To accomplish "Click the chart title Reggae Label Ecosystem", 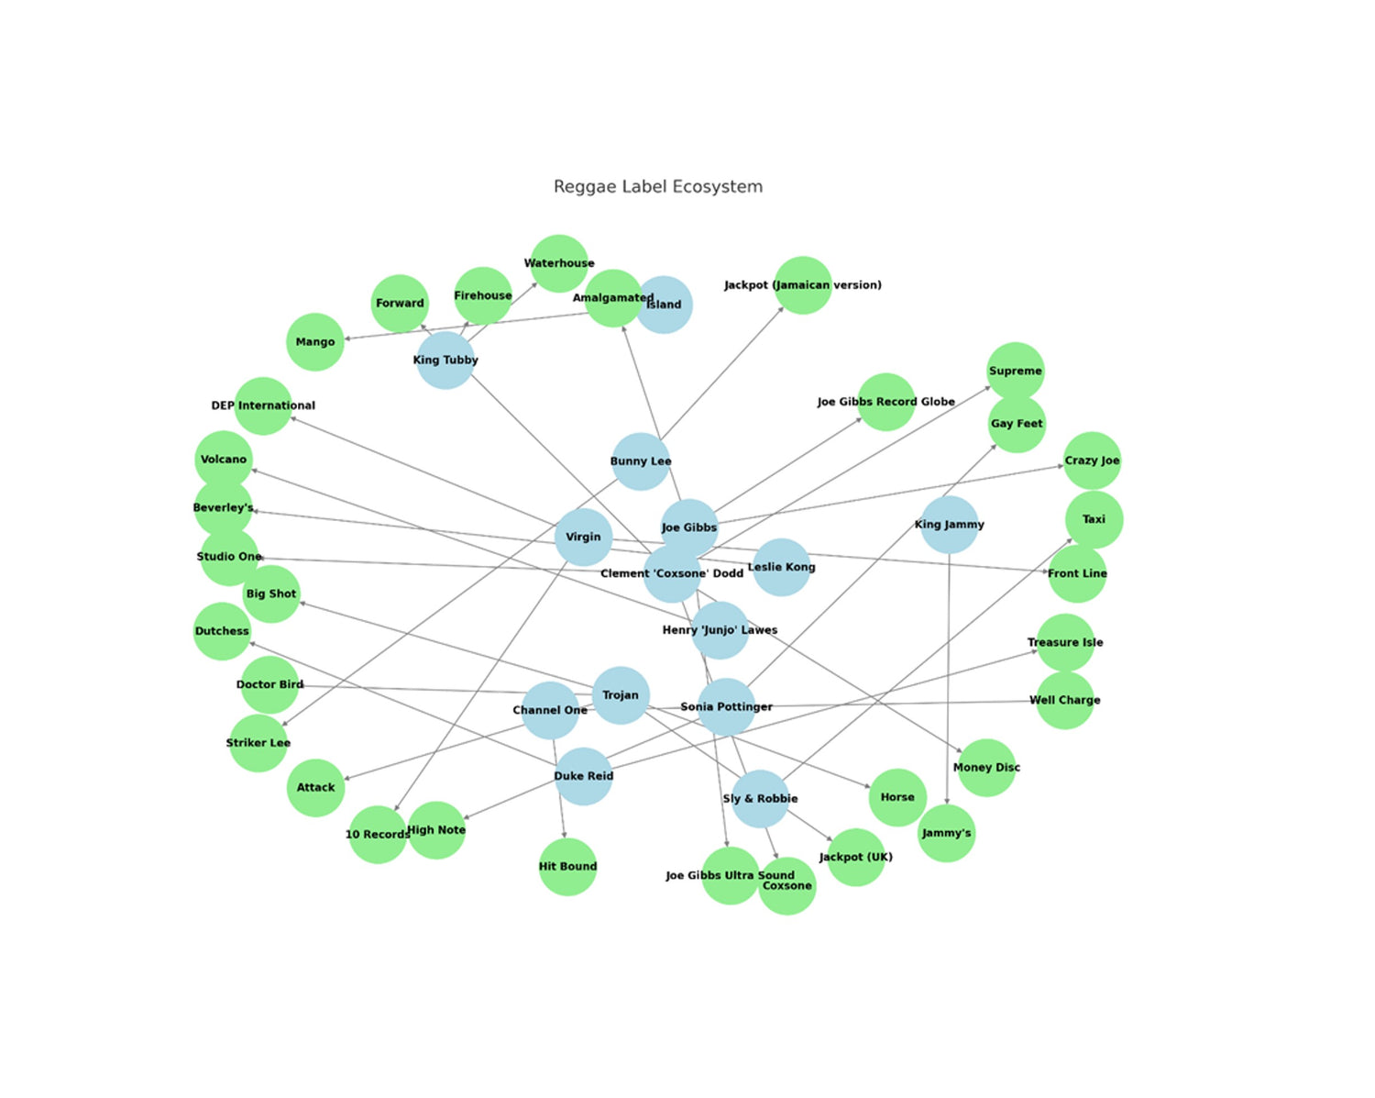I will tap(657, 187).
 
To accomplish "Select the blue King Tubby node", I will tap(445, 360).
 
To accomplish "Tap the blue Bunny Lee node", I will tap(641, 461).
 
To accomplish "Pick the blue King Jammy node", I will tap(949, 525).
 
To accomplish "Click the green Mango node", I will tap(315, 342).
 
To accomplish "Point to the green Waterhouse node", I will tap(559, 263).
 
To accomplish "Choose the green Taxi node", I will tap(1094, 519).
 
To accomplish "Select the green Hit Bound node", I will tap(567, 867).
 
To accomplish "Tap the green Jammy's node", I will tap(946, 833).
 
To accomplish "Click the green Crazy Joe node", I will tap(1092, 460).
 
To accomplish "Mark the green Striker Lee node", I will tap(258, 743).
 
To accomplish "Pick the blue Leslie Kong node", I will tap(781, 567).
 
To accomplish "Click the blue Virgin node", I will tap(583, 537).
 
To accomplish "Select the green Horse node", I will tap(897, 797).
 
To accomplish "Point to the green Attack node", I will tap(315, 787).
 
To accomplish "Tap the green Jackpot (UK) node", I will tap(855, 857).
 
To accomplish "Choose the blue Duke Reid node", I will tap(583, 776).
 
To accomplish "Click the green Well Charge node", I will tap(1064, 700).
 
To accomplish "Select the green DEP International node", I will tap(263, 405).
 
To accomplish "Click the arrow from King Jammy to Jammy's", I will tap(948, 679).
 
